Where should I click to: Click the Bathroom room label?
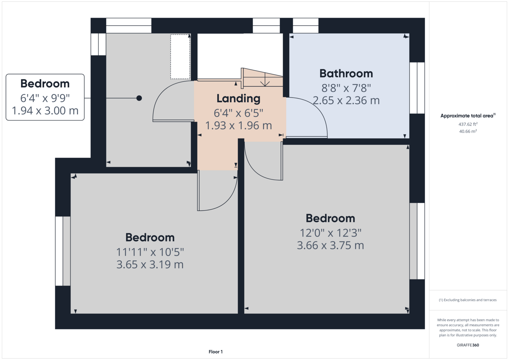pyautogui.click(x=346, y=73)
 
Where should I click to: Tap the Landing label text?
pyautogui.click(x=238, y=98)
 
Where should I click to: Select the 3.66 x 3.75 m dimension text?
pyautogui.click(x=330, y=245)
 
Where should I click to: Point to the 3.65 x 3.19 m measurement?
pyautogui.click(x=150, y=264)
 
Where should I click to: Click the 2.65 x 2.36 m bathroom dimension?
pyautogui.click(x=346, y=100)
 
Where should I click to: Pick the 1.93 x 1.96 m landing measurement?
pyautogui.click(x=238, y=125)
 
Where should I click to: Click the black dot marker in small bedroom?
pyautogui.click(x=139, y=98)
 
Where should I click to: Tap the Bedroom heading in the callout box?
pyautogui.click(x=45, y=84)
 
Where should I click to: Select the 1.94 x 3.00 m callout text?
pyautogui.click(x=45, y=111)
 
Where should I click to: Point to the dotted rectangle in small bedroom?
pyautogui.click(x=180, y=57)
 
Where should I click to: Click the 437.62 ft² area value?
pyautogui.click(x=468, y=124)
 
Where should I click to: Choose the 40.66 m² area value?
pyautogui.click(x=468, y=131)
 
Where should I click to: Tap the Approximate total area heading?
pyautogui.click(x=468, y=116)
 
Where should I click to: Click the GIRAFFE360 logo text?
pyautogui.click(x=468, y=345)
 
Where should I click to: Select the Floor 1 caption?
pyautogui.click(x=216, y=352)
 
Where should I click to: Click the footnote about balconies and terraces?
pyautogui.click(x=468, y=300)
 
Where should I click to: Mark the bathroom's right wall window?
pyautogui.click(x=417, y=88)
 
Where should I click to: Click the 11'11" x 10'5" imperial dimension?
pyautogui.click(x=150, y=252)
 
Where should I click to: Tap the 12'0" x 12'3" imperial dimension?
pyautogui.click(x=330, y=233)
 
